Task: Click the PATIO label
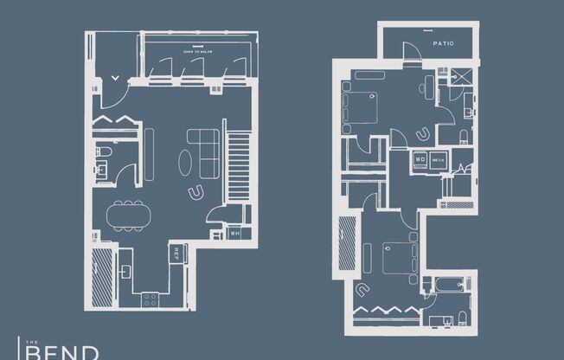(x=444, y=43)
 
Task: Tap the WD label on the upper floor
(x=420, y=159)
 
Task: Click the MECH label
(x=438, y=159)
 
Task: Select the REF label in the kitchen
(x=176, y=254)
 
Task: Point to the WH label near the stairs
(x=234, y=233)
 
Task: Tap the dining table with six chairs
(x=128, y=215)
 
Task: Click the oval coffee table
(x=188, y=163)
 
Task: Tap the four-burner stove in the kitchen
(x=150, y=299)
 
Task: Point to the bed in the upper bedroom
(x=361, y=108)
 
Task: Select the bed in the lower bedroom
(x=400, y=258)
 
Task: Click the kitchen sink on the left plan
(x=125, y=272)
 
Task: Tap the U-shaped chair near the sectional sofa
(x=196, y=190)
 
